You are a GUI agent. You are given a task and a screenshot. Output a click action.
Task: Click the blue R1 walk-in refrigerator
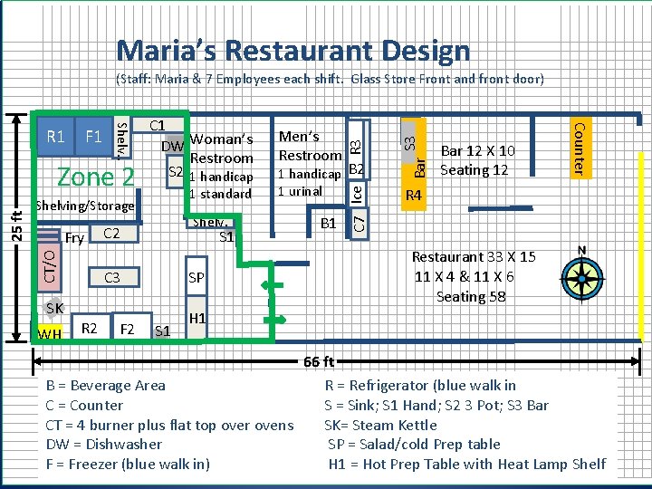[56, 137]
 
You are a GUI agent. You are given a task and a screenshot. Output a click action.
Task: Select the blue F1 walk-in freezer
[93, 137]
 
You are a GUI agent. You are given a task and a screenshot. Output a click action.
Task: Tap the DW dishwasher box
[174, 144]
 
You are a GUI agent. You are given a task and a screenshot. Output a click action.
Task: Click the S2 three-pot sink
[176, 171]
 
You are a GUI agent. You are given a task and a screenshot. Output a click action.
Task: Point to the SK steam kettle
[53, 308]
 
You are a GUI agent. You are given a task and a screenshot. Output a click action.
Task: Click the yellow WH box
[50, 332]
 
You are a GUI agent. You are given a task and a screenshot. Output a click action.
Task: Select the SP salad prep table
[197, 276]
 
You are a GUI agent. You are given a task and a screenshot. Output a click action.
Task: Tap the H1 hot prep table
[197, 318]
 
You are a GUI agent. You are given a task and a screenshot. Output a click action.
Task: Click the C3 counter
[114, 277]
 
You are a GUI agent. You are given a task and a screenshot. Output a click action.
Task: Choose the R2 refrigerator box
[91, 327]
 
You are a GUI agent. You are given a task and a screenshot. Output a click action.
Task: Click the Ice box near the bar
[357, 194]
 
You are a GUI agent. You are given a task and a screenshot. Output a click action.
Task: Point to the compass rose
[582, 277]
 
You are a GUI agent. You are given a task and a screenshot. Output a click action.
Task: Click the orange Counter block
[580, 149]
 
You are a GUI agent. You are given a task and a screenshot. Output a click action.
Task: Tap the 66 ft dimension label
[319, 361]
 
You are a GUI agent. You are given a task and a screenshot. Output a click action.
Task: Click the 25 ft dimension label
[16, 226]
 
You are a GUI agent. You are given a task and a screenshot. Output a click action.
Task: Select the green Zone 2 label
[96, 177]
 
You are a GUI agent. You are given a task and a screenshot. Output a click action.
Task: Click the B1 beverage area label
[328, 224]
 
